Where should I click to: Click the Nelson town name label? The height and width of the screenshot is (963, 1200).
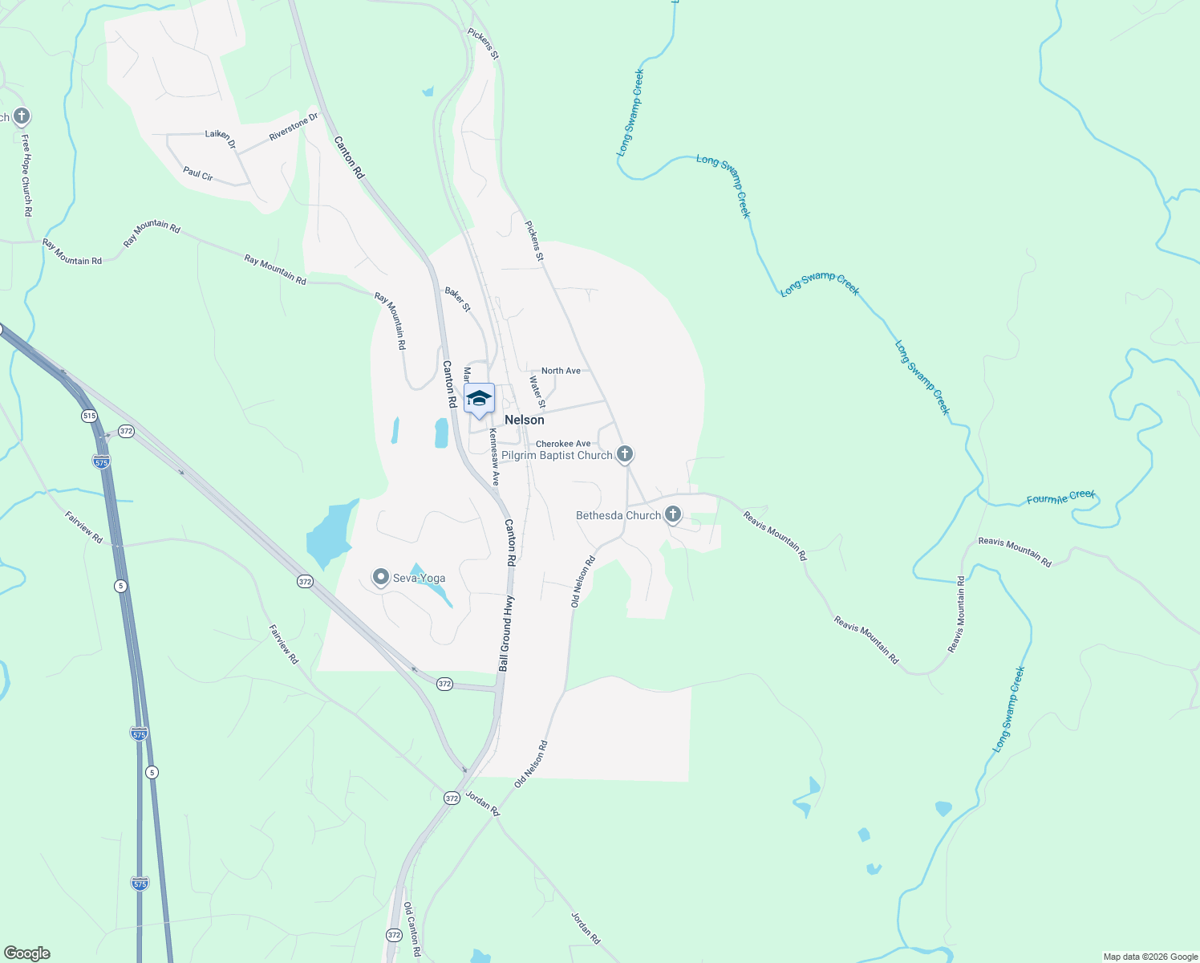coord(524,420)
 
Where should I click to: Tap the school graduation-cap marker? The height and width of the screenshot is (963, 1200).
coord(479,399)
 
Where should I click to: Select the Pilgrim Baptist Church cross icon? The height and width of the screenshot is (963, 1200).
coord(625,454)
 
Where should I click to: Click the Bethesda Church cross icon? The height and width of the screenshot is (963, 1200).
coord(673,514)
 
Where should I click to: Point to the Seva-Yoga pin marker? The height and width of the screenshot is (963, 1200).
coord(381,577)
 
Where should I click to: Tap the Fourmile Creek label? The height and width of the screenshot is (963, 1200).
coord(1060,498)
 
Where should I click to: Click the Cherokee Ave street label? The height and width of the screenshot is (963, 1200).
coord(562,444)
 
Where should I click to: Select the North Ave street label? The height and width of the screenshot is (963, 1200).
coord(561,371)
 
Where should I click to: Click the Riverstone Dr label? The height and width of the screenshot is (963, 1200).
coord(294,127)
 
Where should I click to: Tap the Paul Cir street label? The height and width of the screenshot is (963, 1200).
coord(197,173)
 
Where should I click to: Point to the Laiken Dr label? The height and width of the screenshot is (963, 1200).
coord(221,138)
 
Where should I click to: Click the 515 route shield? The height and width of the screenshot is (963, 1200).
coord(88,416)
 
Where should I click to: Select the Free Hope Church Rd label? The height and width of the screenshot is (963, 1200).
coord(26,176)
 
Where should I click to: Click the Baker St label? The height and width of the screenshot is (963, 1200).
coord(458,300)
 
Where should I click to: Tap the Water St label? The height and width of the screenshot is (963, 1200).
coord(537,391)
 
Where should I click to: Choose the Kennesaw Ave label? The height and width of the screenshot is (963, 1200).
coord(495,457)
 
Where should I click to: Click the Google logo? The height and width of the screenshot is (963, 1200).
coord(26,953)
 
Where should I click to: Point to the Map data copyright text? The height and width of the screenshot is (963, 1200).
coord(1150,957)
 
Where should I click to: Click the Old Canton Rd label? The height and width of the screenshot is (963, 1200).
coord(411,929)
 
